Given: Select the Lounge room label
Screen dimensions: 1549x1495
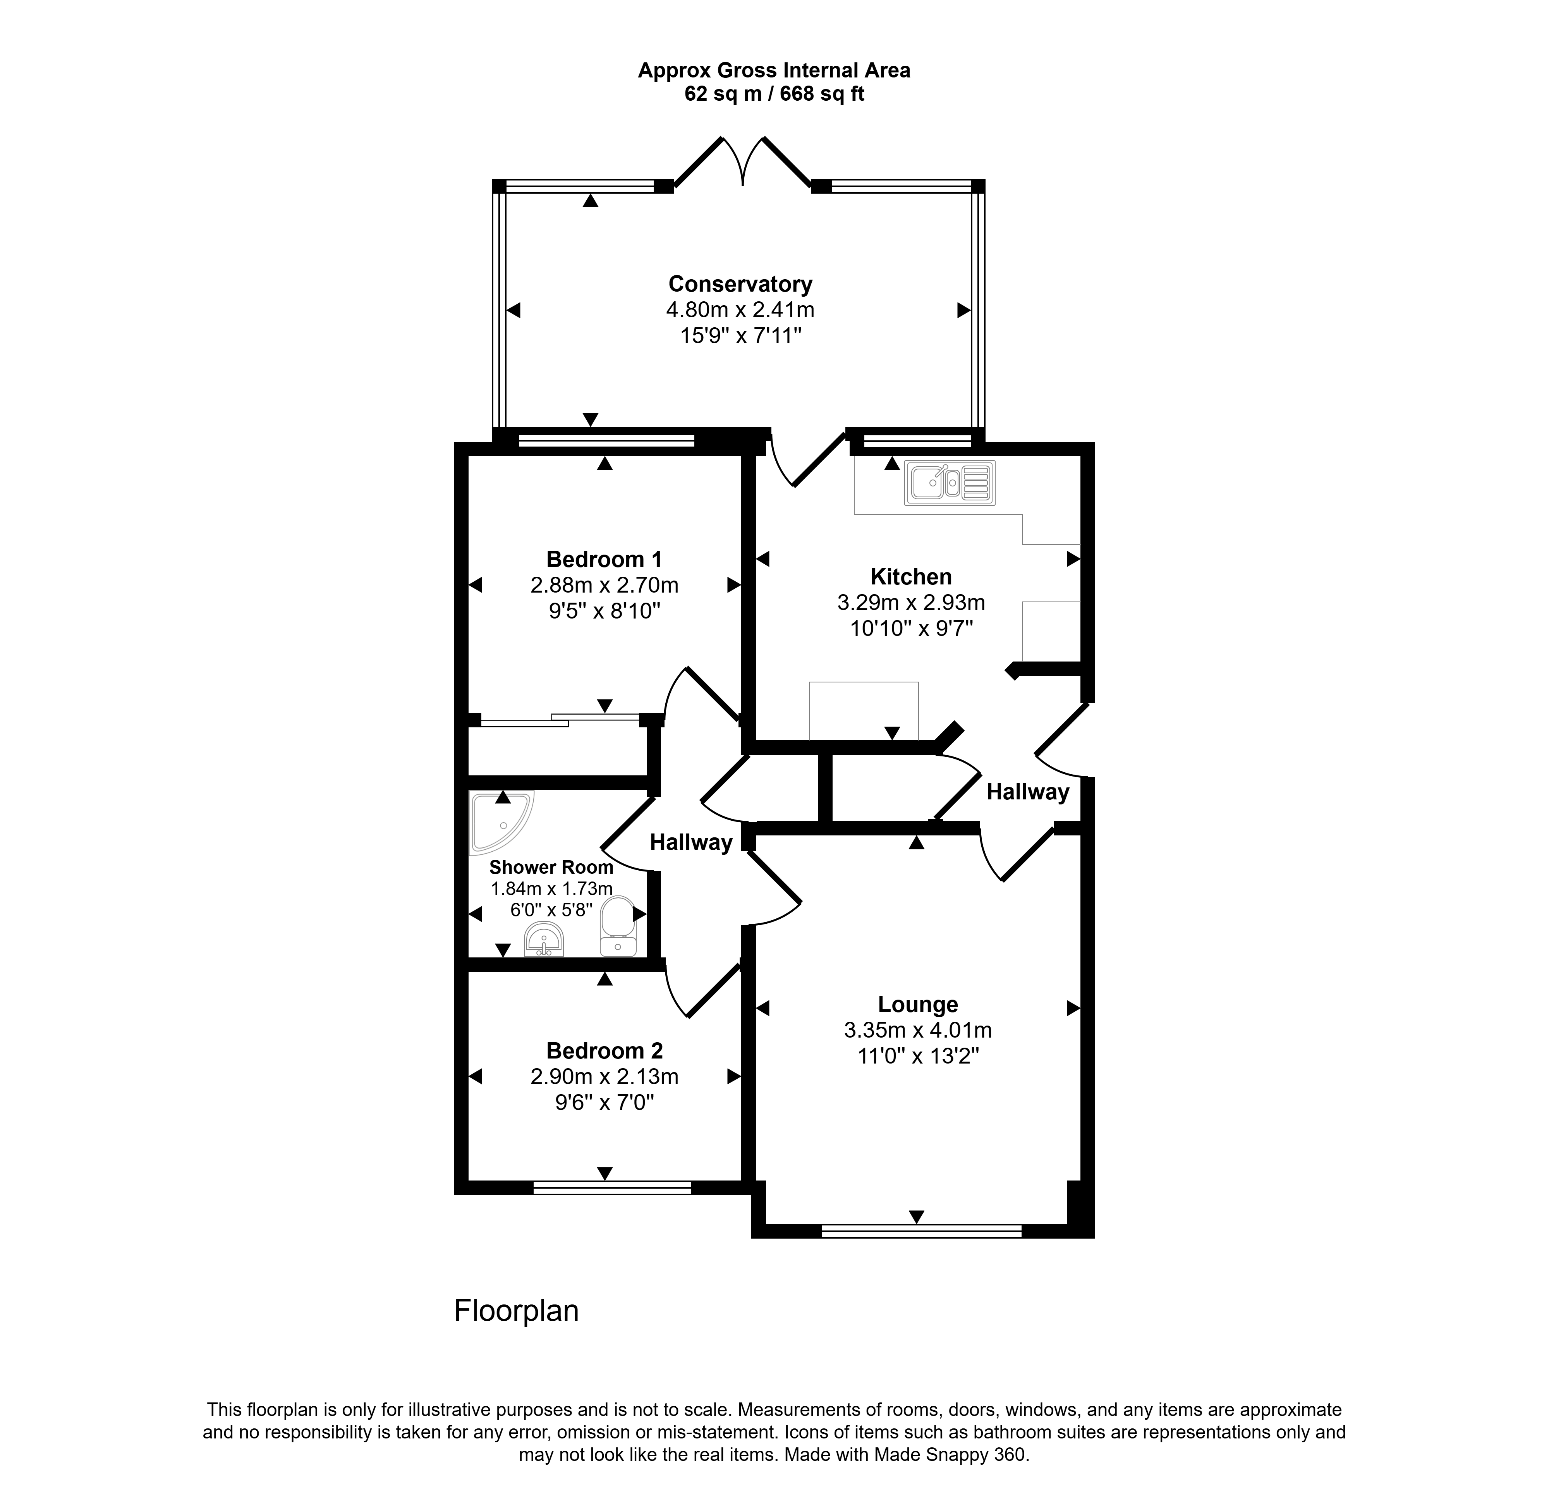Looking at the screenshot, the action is pos(917,1005).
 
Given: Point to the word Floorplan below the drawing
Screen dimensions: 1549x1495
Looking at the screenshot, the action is pos(516,1311).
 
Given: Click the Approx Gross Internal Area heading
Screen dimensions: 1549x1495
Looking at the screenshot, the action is pos(774,70).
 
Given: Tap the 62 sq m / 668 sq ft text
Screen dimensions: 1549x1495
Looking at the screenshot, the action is pos(774,94).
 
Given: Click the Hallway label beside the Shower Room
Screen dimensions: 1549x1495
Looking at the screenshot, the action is pos(691,843).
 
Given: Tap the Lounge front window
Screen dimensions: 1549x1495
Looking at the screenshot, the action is pos(922,1230).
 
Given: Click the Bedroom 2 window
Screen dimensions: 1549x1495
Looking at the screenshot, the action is pos(613,1187).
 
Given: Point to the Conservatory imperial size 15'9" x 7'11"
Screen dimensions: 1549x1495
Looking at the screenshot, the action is pos(740,336).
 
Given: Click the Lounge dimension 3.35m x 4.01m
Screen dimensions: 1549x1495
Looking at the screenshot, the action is pos(917,1031).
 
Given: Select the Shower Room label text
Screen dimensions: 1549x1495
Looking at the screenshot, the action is pos(551,867).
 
